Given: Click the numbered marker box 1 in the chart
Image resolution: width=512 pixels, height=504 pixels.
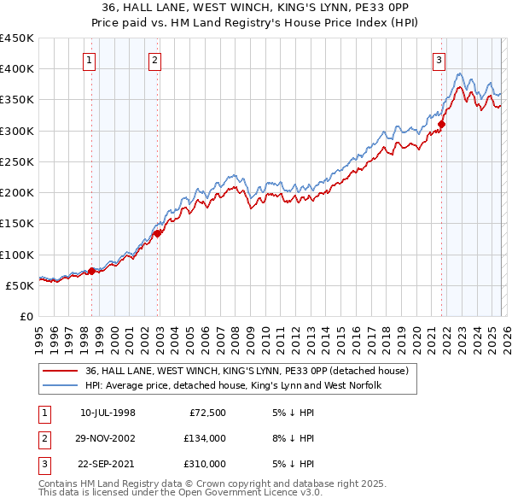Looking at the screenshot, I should point(90,60).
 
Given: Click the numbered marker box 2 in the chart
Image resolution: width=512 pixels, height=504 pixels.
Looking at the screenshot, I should point(154,60).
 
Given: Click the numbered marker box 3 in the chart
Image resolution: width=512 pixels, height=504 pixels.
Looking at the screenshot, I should point(439,60).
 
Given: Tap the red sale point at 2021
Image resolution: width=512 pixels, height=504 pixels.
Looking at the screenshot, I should point(442,124).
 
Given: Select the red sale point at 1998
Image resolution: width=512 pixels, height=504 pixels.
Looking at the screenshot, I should point(91,272).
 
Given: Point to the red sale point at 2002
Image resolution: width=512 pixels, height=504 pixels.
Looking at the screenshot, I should point(158,233).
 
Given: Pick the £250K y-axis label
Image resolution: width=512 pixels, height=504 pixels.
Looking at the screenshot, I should point(17,161).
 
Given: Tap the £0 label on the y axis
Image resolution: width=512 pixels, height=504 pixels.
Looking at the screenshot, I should point(27,316).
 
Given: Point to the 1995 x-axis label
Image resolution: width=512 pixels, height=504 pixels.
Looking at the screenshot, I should point(40,338).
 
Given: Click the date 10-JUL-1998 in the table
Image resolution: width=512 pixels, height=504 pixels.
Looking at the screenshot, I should point(108,413).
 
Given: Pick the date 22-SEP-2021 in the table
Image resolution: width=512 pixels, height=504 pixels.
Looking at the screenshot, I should point(108,464).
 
